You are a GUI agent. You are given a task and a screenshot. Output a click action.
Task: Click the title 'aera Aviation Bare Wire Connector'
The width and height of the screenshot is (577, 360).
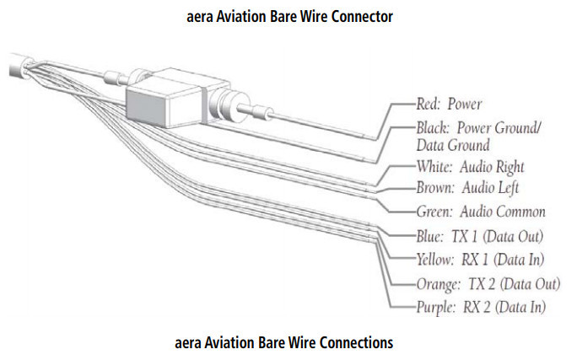click(x=289, y=16)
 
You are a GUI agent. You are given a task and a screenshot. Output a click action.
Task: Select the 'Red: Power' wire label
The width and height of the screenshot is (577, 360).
click(x=449, y=105)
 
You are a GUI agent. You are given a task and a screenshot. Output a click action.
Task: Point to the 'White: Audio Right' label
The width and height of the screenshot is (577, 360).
click(x=469, y=166)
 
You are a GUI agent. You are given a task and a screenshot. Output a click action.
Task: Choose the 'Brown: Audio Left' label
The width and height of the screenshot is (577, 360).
click(x=468, y=186)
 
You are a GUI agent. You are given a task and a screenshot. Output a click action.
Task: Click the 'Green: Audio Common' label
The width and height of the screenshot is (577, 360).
click(x=480, y=211)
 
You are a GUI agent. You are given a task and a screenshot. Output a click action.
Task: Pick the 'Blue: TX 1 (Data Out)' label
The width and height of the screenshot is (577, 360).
click(x=478, y=235)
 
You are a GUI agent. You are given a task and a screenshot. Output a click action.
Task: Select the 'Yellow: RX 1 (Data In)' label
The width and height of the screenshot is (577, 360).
click(x=478, y=259)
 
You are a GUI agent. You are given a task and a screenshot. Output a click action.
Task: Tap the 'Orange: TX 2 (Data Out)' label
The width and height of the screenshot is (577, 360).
click(x=488, y=284)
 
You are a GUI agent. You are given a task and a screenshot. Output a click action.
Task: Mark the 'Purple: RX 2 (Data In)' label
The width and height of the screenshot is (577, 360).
click(x=480, y=307)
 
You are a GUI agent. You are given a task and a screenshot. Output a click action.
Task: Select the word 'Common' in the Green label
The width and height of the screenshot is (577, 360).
click(x=518, y=211)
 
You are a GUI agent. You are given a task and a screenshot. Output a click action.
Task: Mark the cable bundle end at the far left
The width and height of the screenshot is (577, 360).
click(x=17, y=65)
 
